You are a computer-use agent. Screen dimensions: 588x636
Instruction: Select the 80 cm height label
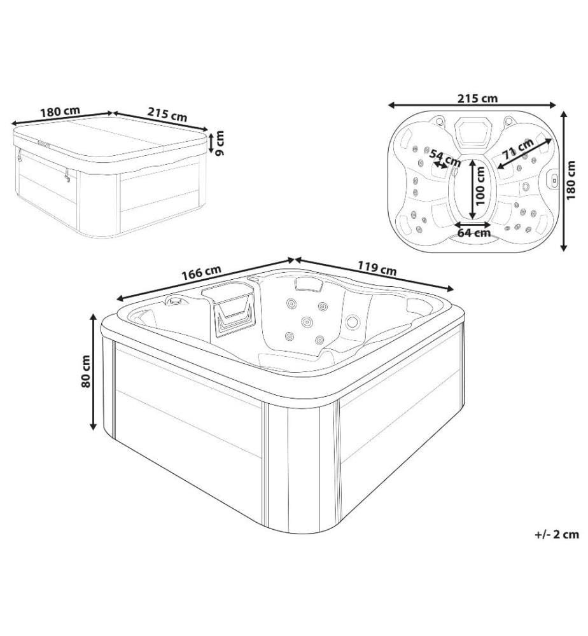[86, 371]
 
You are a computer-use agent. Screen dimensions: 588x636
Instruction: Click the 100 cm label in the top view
[480, 186]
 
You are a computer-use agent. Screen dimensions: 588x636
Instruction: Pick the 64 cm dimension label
[474, 233]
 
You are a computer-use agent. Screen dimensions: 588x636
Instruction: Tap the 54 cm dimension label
[445, 158]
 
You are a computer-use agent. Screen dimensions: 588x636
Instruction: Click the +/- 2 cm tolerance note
[557, 534]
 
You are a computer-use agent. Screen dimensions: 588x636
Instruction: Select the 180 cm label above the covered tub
[60, 111]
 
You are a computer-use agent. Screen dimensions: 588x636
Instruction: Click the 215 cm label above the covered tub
[167, 114]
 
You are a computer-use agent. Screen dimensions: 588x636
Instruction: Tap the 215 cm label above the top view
[478, 98]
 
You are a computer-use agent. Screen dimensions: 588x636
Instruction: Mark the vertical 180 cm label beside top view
[571, 180]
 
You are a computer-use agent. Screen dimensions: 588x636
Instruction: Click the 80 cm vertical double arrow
[94, 371]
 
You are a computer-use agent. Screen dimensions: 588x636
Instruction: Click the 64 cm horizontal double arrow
[473, 224]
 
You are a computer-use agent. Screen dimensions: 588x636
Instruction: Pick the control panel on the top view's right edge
[553, 178]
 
